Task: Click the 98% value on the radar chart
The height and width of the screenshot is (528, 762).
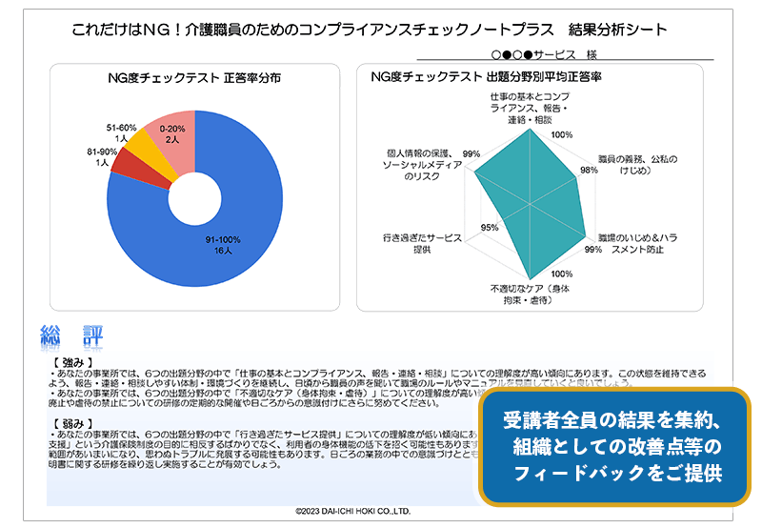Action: click(x=589, y=170)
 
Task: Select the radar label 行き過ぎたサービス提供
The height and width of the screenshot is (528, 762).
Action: click(x=422, y=242)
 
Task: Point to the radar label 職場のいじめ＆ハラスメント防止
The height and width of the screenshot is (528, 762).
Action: click(x=635, y=242)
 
